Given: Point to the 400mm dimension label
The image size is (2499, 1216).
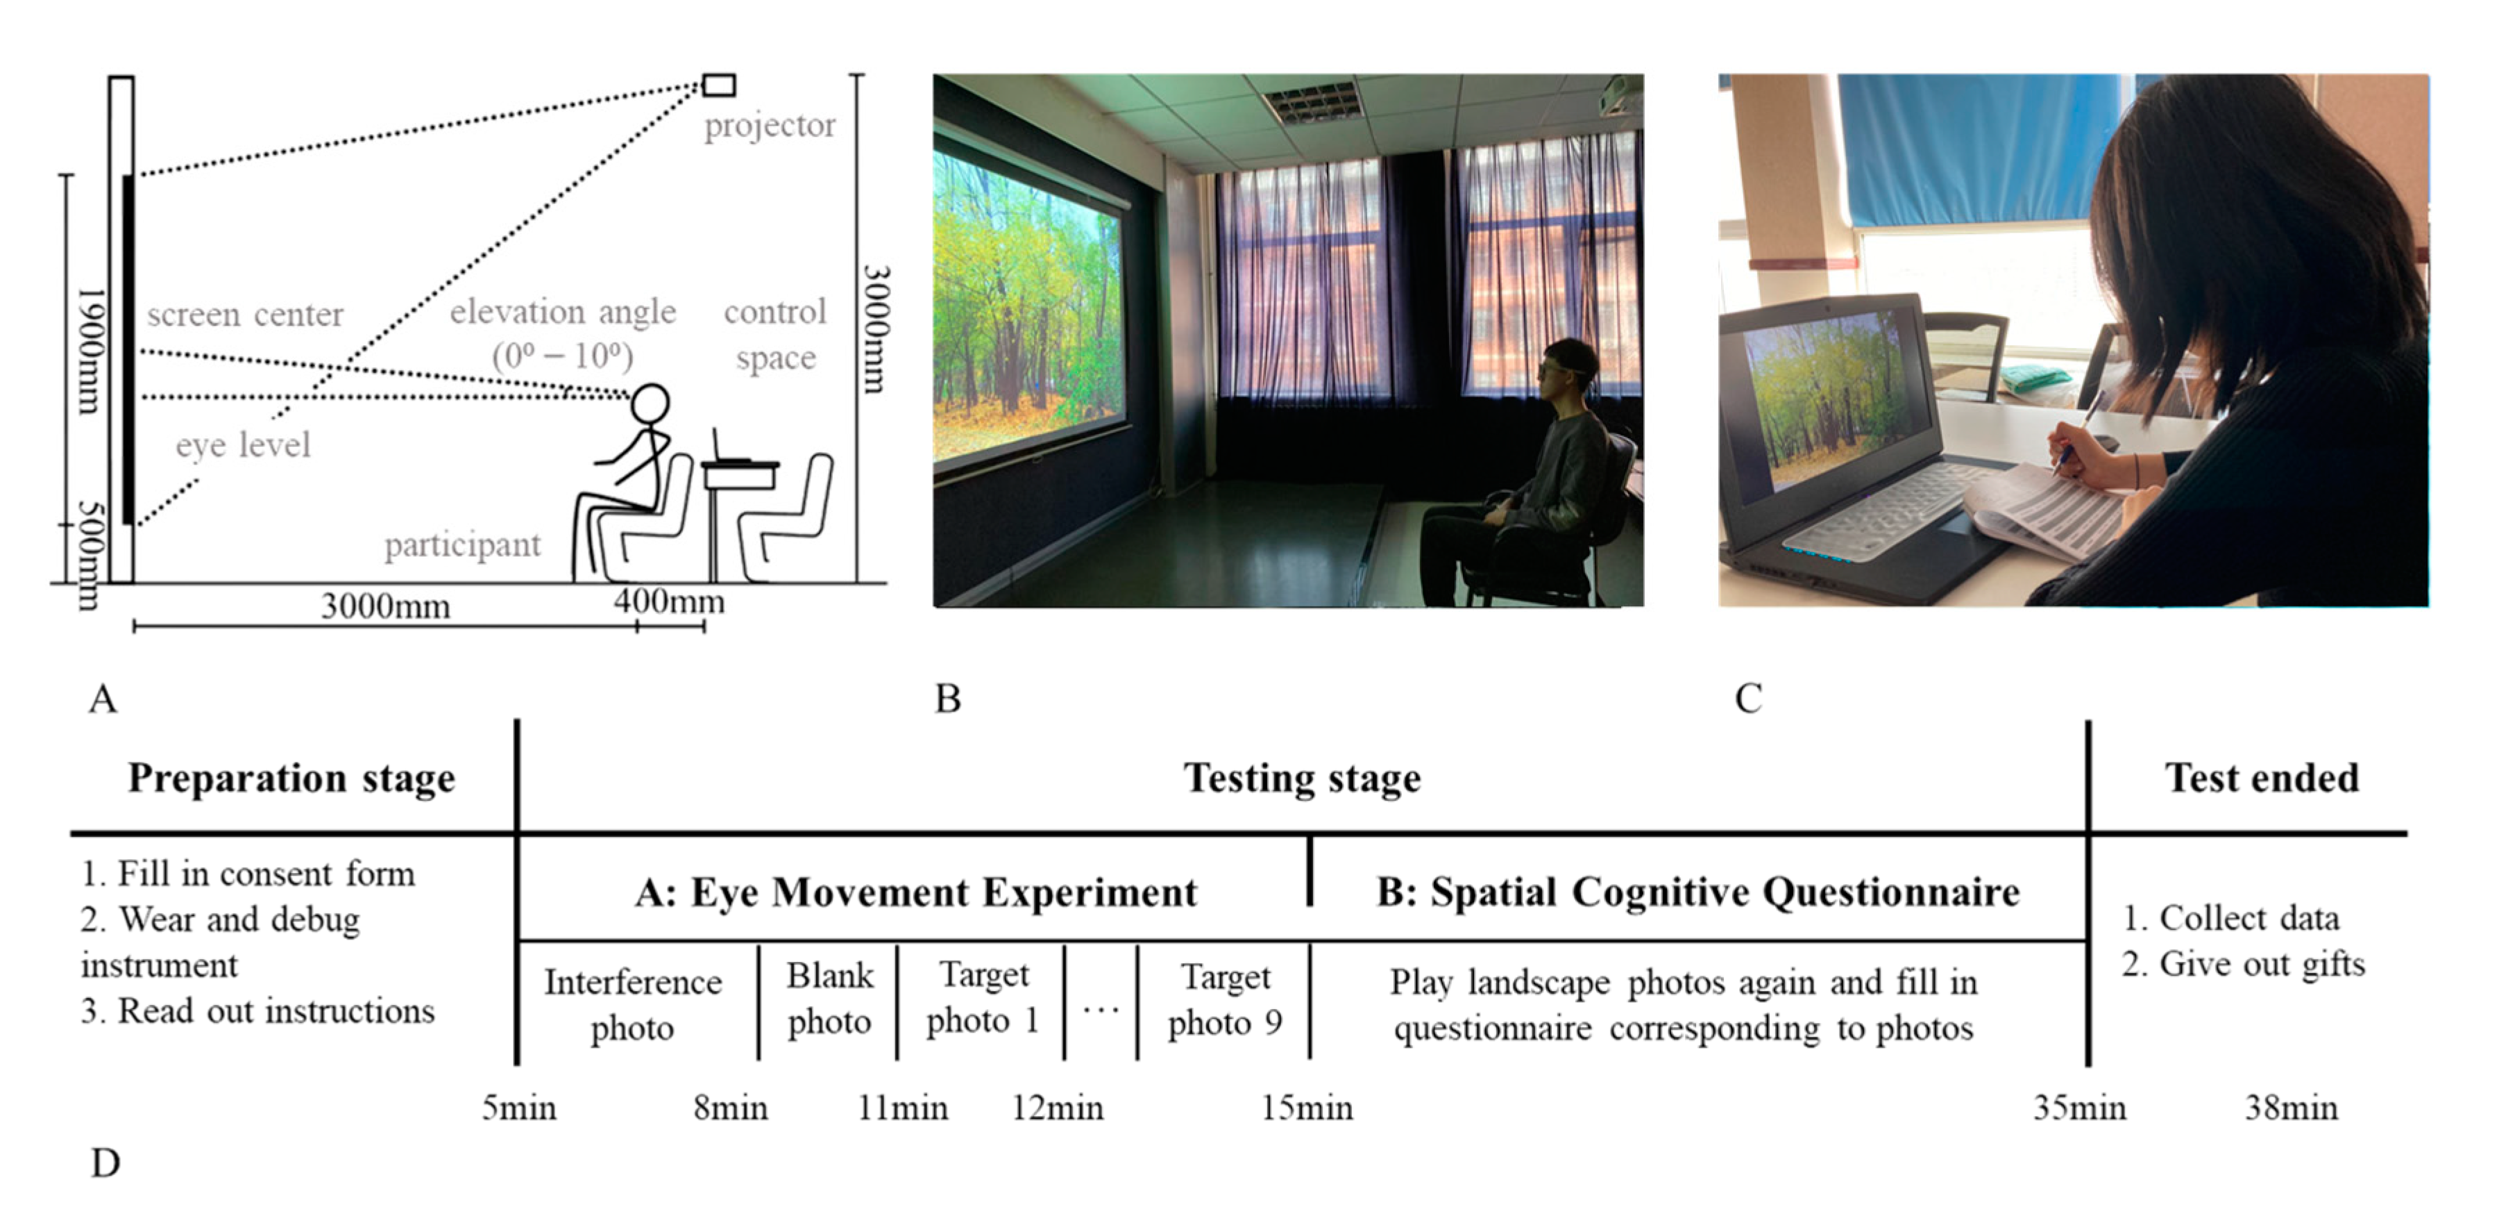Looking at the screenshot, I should tap(668, 601).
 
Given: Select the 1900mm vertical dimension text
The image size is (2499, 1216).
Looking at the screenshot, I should tap(90, 349).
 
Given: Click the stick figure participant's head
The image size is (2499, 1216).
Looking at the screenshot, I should tap(650, 402).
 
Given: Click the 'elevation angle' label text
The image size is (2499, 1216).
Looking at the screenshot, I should tap(563, 313).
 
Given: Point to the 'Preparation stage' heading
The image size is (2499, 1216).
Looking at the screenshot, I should tap(291, 778).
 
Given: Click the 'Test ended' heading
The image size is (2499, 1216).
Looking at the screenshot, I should tap(2262, 778).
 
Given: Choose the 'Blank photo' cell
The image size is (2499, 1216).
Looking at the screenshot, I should tap(829, 999).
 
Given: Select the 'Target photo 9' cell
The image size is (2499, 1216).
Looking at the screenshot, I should tap(1224, 999).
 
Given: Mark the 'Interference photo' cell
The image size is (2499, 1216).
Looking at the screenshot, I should tap(632, 1004).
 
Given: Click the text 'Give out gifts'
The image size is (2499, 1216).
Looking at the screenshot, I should tap(2260, 965).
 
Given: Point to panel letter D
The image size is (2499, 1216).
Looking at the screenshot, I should tap(105, 1163).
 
